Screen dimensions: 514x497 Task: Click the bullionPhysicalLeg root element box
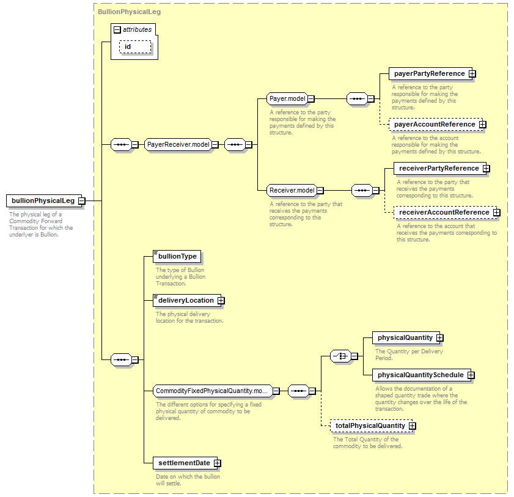pyautogui.click(x=44, y=201)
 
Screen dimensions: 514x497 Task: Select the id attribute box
pyautogui.click(x=135, y=47)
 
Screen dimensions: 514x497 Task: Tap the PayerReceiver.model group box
pyautogui.click(x=178, y=144)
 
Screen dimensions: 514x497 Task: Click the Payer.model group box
pyautogui.click(x=287, y=98)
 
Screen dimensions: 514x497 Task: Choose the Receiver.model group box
pyautogui.click(x=292, y=191)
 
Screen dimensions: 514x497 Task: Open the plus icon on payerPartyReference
pyautogui.click(x=472, y=74)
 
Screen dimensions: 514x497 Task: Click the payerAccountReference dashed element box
pyautogui.click(x=436, y=125)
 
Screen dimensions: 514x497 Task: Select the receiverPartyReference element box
pyautogui.click(x=440, y=169)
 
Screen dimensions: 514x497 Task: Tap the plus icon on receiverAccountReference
pyautogui.click(x=497, y=213)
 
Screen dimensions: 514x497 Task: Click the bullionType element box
pyautogui.click(x=177, y=256)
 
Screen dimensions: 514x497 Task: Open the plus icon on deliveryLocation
pyautogui.click(x=221, y=300)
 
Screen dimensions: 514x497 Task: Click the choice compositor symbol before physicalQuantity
pyautogui.click(x=340, y=356)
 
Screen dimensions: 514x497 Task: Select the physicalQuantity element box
pyautogui.click(x=406, y=337)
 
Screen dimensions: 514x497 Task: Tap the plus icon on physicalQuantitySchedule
pyautogui.click(x=471, y=375)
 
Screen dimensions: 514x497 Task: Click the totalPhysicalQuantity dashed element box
pyautogui.click(x=371, y=426)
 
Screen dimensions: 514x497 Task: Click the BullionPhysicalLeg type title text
pyautogui.click(x=129, y=12)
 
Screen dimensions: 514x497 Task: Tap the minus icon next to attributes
pyautogui.click(x=117, y=30)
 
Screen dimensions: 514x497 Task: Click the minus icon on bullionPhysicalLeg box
pyautogui.click(x=82, y=201)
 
